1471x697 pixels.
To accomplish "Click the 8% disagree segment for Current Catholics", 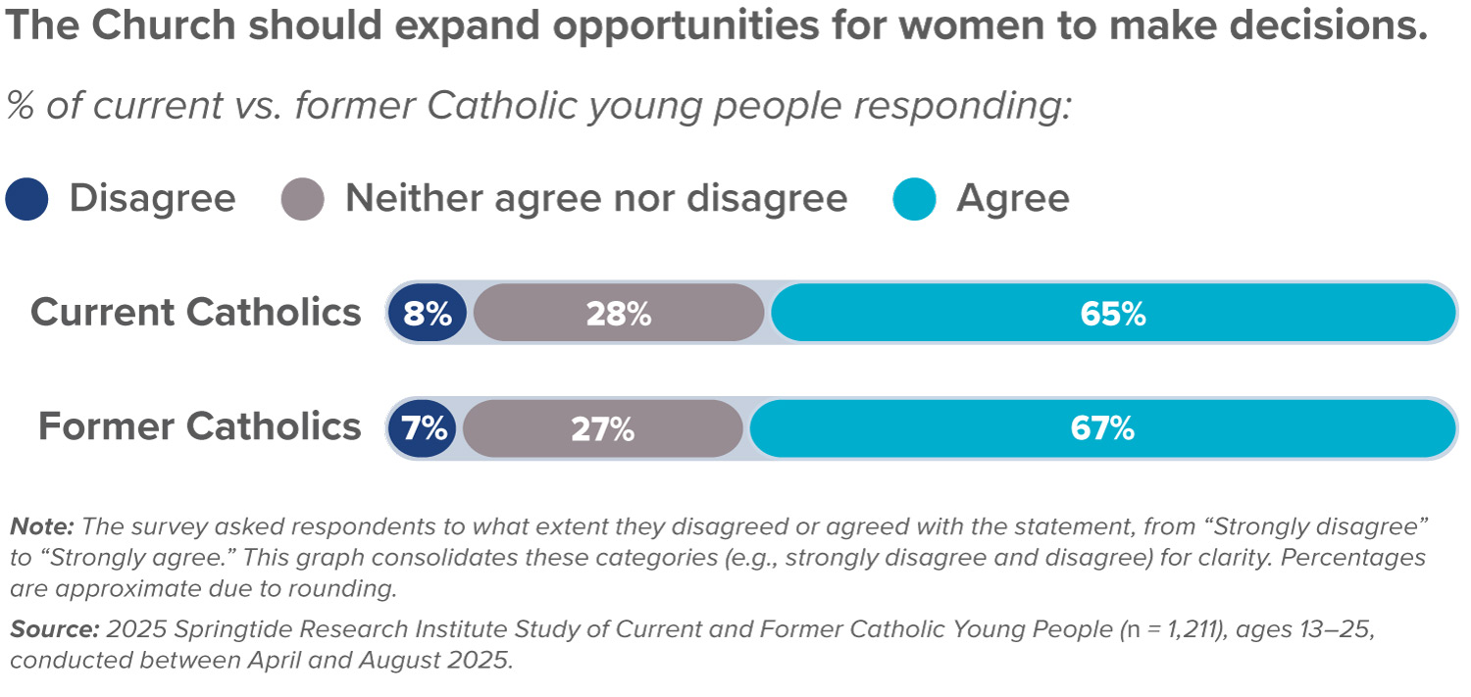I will pyautogui.click(x=427, y=314).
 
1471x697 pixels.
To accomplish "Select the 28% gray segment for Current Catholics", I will pyautogui.click(x=619, y=314).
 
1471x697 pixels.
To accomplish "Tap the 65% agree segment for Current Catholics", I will pyautogui.click(x=1113, y=314).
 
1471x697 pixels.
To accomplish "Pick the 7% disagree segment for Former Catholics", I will pyautogui.click(x=423, y=428).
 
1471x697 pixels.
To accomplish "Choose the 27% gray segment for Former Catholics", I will pyautogui.click(x=602, y=428).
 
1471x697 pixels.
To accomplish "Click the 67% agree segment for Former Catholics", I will pyautogui.click(x=1102, y=428).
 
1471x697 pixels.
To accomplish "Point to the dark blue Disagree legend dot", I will pyautogui.click(x=26, y=199).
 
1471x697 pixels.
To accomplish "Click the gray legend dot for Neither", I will pyautogui.click(x=302, y=199).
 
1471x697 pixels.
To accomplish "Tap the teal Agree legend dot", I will pyautogui.click(x=914, y=199).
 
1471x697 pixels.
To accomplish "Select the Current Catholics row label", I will pyautogui.click(x=196, y=313).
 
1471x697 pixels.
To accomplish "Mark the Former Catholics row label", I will pyautogui.click(x=200, y=427).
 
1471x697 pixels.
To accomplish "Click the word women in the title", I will pyautogui.click(x=845, y=27).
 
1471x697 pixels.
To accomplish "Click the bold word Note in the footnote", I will pyautogui.click(x=42, y=525).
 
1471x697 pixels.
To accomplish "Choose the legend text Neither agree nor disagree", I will pyautogui.click(x=596, y=199).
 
